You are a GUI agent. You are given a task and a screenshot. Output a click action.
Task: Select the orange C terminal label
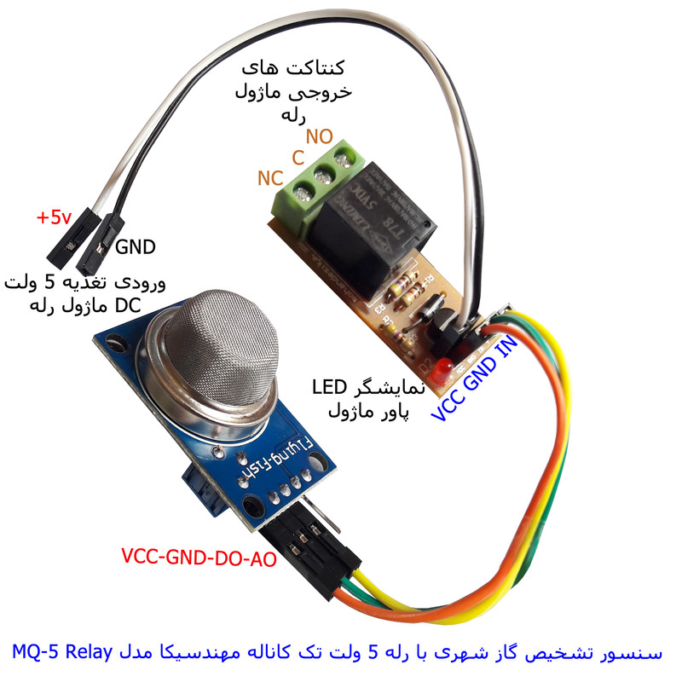[298, 157]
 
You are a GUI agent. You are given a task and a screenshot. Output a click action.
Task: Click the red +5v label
[54, 217]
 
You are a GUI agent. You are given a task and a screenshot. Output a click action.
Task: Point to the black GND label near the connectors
[136, 248]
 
